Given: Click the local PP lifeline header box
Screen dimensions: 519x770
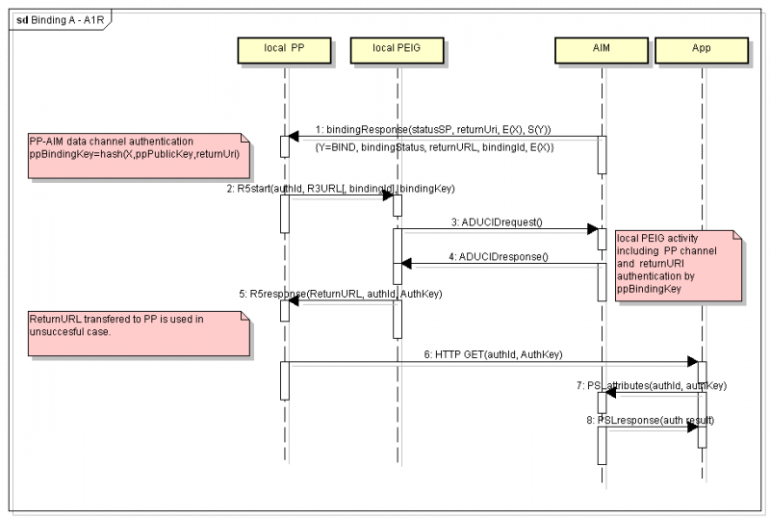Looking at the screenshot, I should click(x=285, y=47).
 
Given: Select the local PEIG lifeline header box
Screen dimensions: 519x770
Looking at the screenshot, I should click(x=396, y=47).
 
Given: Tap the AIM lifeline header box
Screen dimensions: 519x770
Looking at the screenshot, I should click(x=602, y=47).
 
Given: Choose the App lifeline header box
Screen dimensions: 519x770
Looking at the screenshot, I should click(x=702, y=47).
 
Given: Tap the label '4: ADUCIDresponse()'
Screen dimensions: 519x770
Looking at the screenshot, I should click(x=500, y=256).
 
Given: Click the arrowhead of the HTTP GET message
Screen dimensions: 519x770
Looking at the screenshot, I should click(x=691, y=362).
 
